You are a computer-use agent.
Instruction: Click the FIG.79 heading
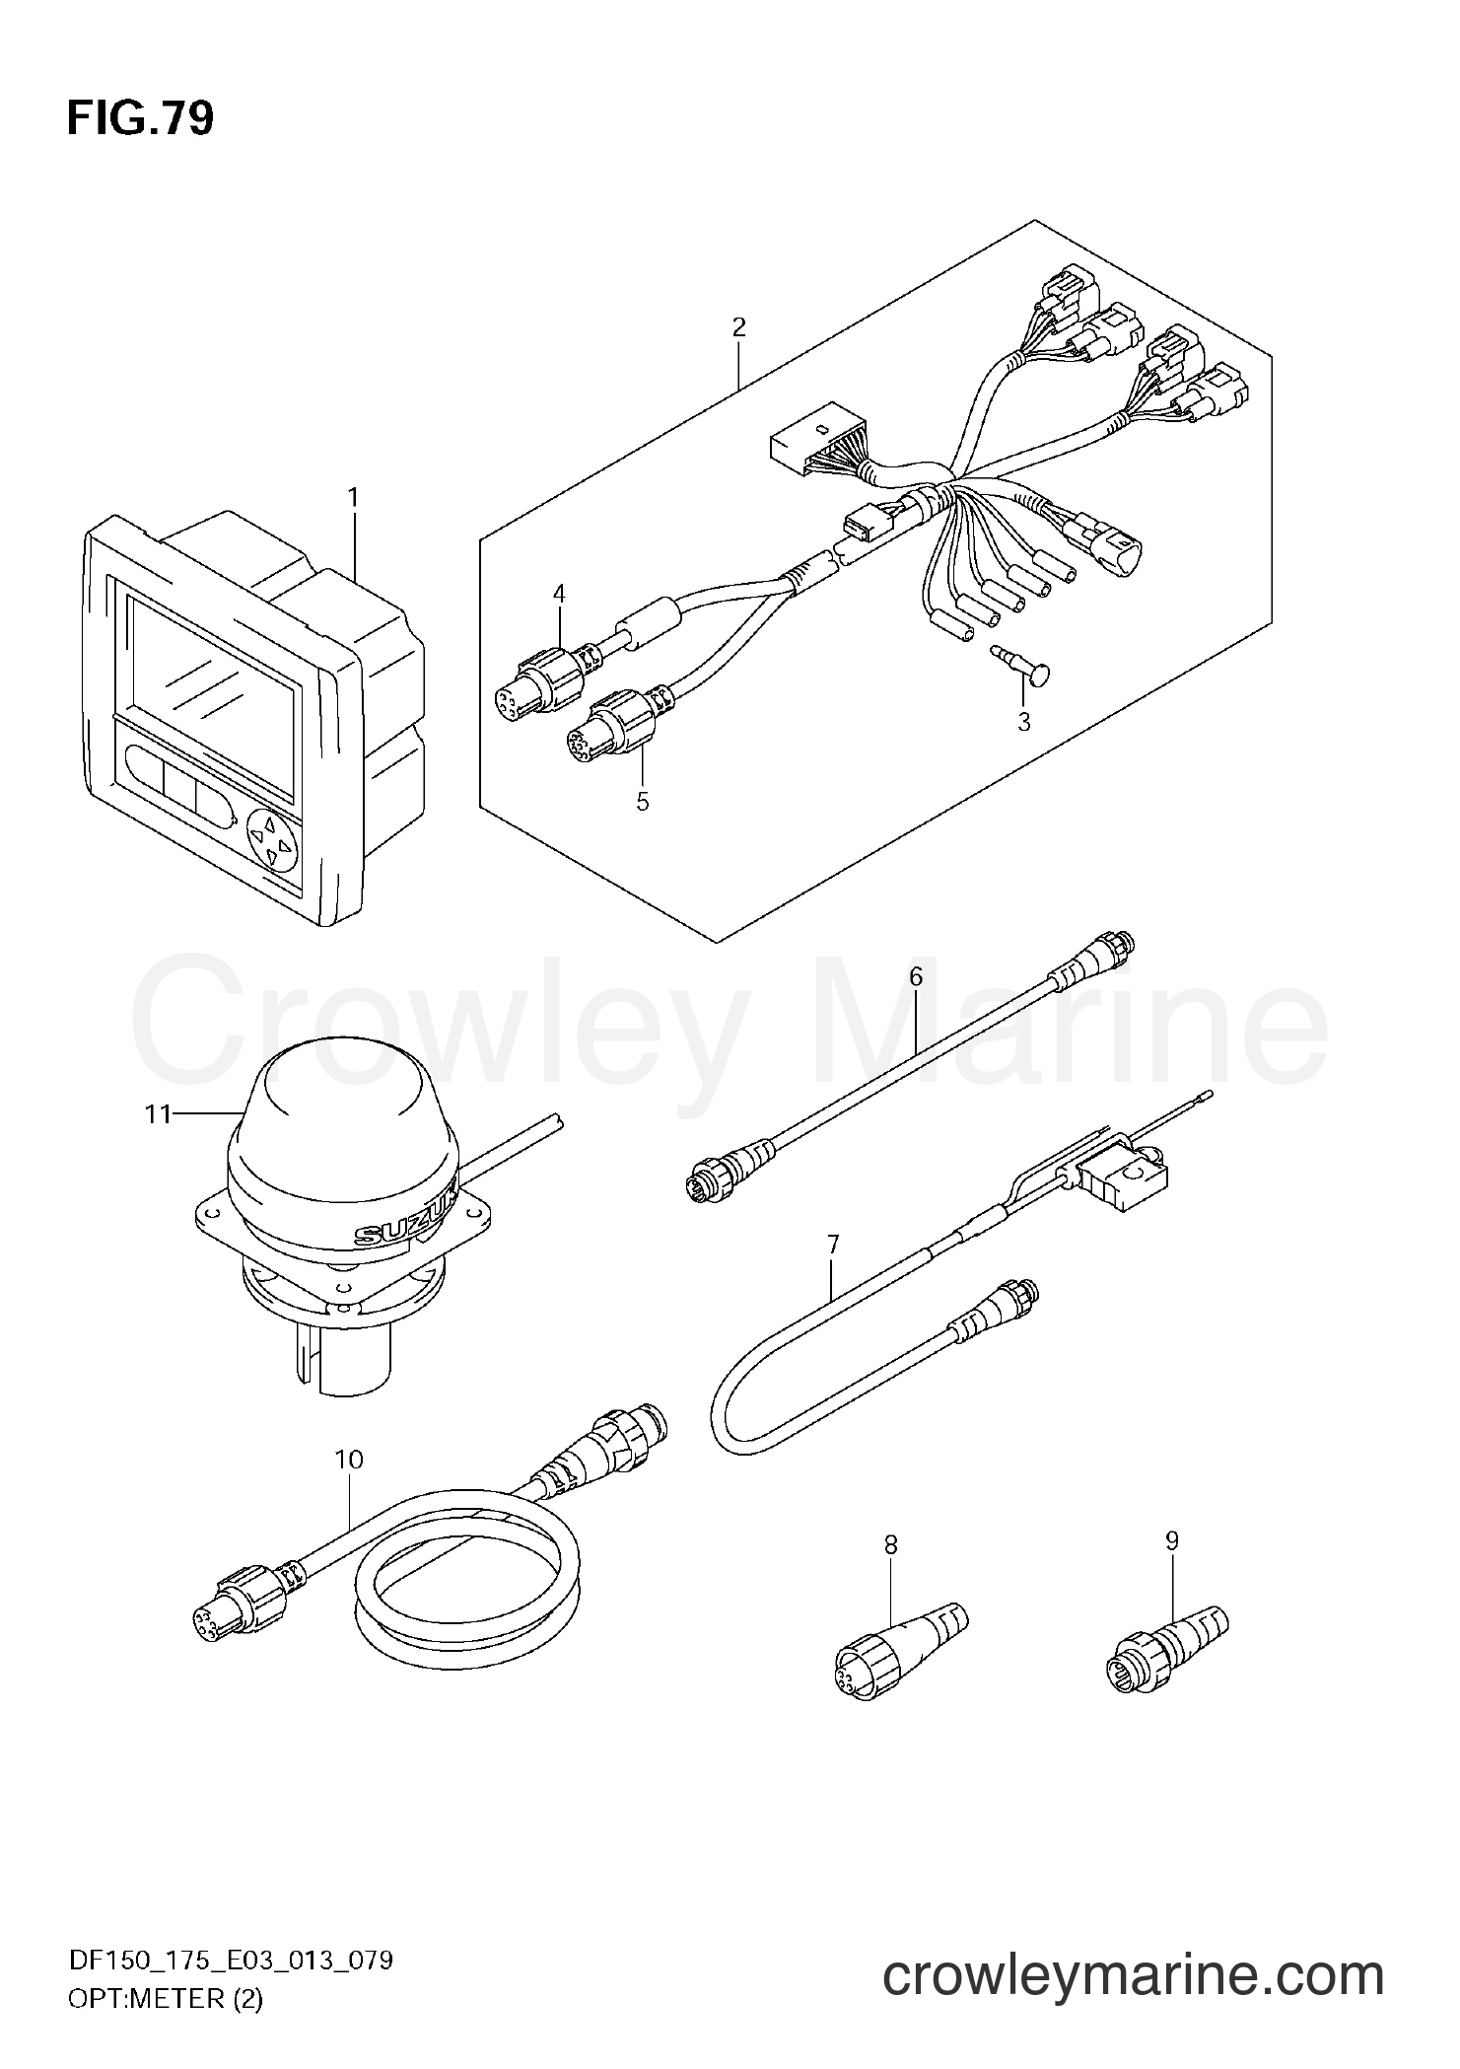140,119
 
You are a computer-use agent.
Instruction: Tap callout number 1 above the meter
353,498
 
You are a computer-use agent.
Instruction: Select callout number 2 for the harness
738,327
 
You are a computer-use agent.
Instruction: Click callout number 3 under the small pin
1024,722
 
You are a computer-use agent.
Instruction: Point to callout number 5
643,802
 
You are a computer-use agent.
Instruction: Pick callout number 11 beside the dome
159,1114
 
